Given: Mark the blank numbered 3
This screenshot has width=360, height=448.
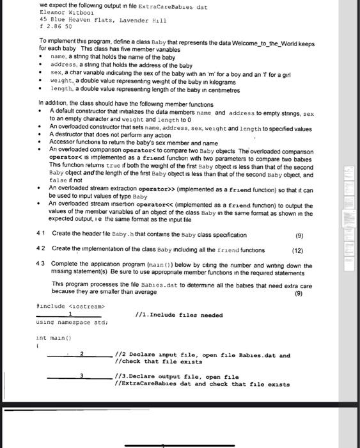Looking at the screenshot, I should point(81,378).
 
